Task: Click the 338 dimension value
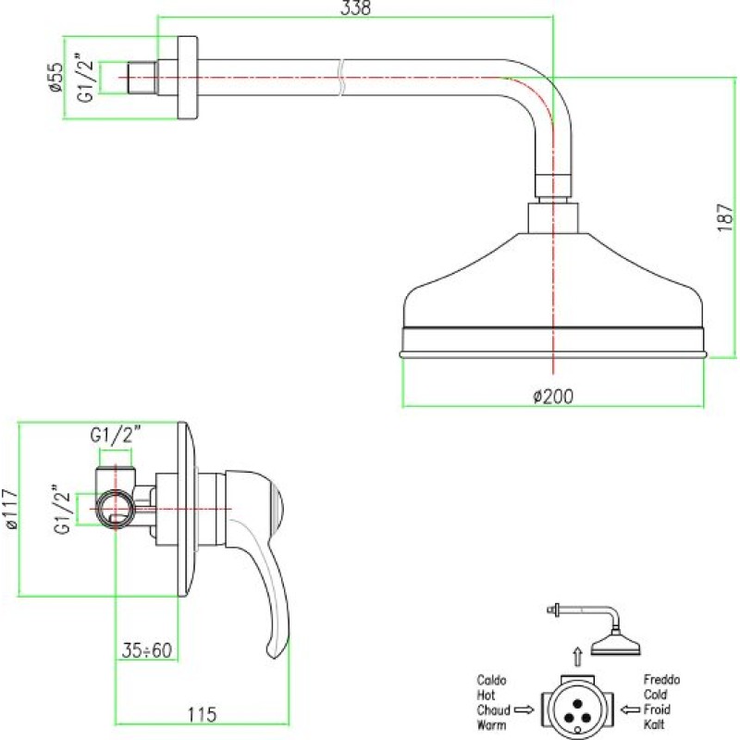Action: click(x=355, y=8)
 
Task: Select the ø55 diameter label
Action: click(x=55, y=77)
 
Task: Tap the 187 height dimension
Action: click(x=726, y=217)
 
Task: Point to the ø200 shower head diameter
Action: click(x=553, y=397)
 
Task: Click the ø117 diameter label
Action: click(x=10, y=510)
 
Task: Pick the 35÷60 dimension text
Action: click(x=147, y=650)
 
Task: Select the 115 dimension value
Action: click(x=202, y=714)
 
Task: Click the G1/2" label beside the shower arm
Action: click(x=86, y=78)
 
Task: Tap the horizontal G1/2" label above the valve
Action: click(x=116, y=435)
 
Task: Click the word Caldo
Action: click(x=491, y=680)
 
